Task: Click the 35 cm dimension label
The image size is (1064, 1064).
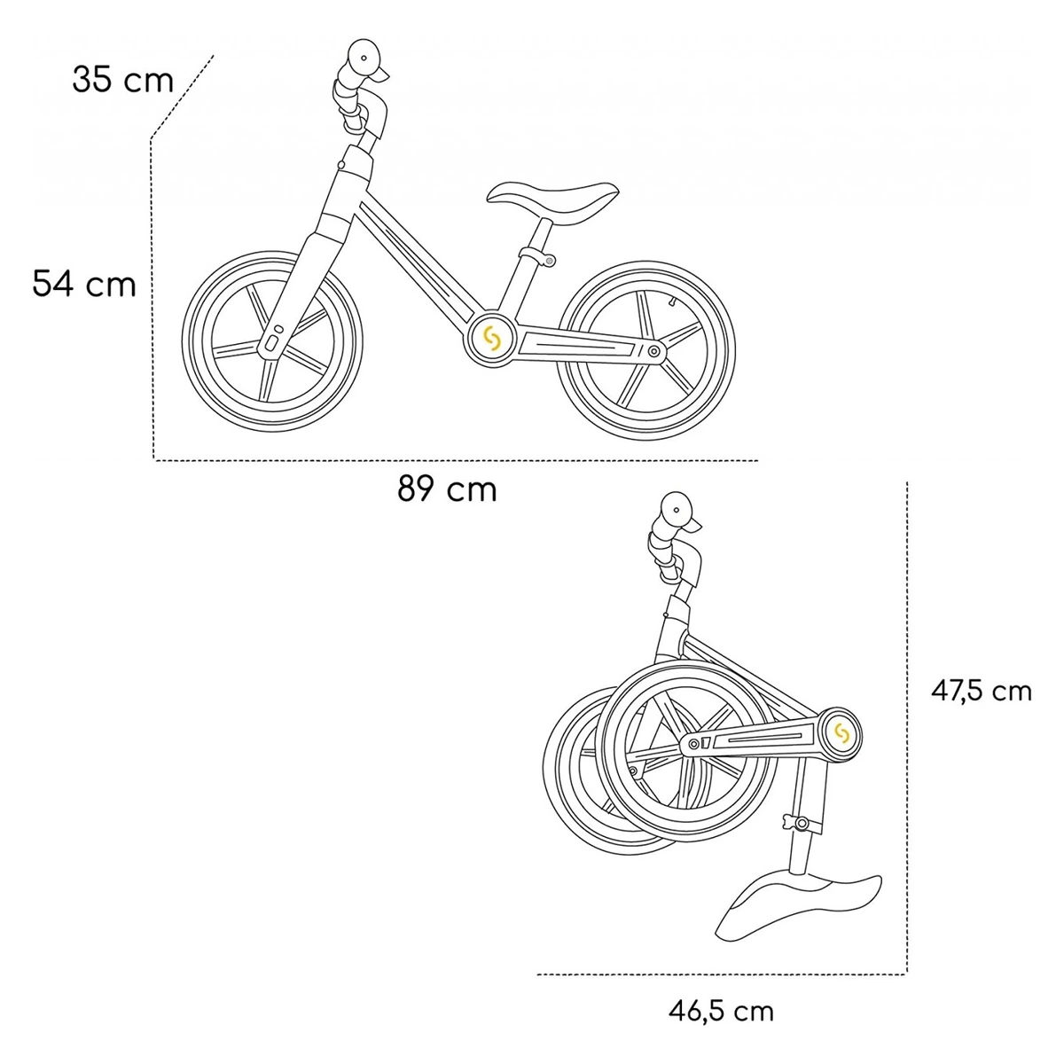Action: coord(122,80)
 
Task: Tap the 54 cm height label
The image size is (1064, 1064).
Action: coord(84,284)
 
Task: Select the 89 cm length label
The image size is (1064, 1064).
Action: coord(447,489)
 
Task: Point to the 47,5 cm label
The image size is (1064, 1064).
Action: coord(981,691)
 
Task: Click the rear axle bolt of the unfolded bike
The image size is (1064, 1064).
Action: coord(654,352)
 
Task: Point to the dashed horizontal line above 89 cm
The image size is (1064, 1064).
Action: coord(456,460)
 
